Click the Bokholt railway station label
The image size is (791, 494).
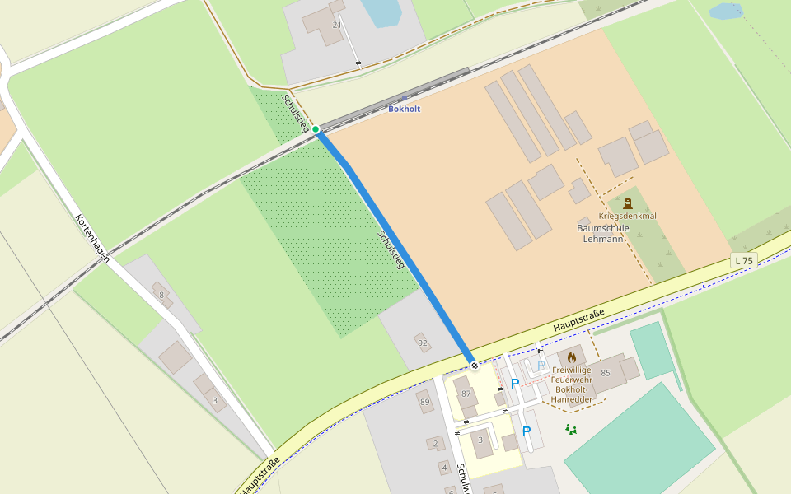point(404,109)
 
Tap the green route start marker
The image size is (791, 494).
point(316,129)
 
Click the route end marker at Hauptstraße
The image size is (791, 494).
point(475,365)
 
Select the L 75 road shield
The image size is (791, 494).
point(743,261)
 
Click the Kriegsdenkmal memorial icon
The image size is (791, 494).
point(628,203)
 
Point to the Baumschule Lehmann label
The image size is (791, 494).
point(602,233)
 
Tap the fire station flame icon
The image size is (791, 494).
point(572,357)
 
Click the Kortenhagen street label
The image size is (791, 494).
point(92,239)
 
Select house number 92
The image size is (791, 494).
point(423,343)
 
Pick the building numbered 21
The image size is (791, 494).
point(336,25)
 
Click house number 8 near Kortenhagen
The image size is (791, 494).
point(161,295)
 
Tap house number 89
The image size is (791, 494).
point(425,402)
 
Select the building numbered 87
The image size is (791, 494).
point(466,394)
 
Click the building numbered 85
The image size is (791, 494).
point(606,373)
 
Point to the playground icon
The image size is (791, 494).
point(570,429)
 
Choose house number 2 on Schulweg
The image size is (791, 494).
point(436,444)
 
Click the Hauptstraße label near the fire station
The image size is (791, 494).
point(578,320)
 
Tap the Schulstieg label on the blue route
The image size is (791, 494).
point(391,249)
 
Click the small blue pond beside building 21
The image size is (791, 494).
point(381,12)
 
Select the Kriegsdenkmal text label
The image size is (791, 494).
point(628,216)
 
